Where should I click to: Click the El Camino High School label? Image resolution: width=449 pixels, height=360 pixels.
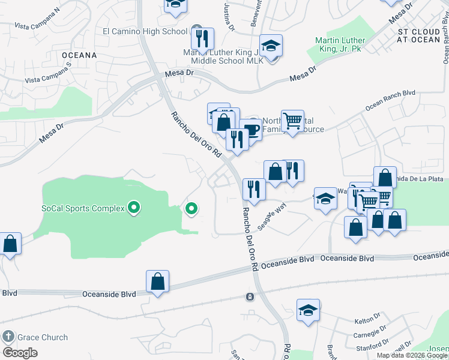tap(145, 31)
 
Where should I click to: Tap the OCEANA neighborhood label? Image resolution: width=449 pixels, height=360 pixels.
tap(79, 55)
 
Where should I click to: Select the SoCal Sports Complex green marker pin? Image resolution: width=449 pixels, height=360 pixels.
tap(134, 209)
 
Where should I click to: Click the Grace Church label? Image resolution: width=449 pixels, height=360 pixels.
tap(42, 337)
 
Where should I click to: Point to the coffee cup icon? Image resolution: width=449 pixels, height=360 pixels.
tap(250, 130)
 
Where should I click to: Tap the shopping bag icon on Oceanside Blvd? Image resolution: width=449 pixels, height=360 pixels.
tap(157, 281)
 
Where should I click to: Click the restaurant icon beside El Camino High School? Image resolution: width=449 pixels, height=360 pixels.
tap(202, 38)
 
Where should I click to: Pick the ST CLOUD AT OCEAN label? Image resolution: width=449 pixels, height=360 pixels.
tap(419, 35)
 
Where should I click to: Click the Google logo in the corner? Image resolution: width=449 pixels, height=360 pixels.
tap(20, 352)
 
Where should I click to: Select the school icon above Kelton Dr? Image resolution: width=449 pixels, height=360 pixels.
tap(308, 310)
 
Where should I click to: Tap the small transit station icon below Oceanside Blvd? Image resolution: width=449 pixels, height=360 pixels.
tap(249, 297)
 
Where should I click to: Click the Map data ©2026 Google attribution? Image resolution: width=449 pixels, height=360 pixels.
tap(412, 355)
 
